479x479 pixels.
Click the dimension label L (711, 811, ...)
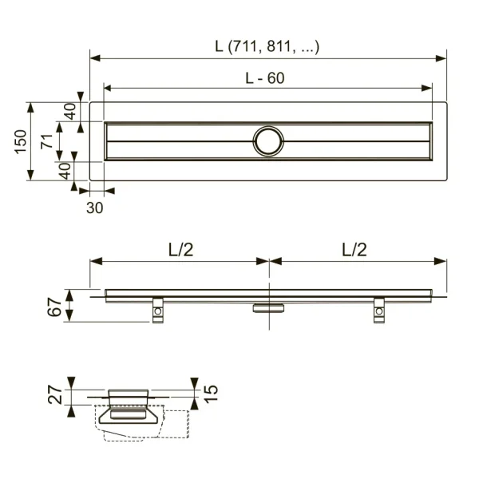[267, 46]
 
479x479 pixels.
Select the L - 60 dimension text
[264, 77]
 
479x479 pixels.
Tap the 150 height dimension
[21, 141]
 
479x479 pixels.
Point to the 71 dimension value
[47, 141]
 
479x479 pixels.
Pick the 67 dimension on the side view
[53, 306]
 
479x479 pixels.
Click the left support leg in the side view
[158, 310]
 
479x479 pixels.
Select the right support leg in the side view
[379, 310]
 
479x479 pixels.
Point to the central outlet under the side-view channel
[268, 307]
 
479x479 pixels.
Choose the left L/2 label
[180, 250]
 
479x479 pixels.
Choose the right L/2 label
[354, 250]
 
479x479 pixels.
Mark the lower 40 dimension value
[65, 170]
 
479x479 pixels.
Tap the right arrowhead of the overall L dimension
[441, 57]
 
